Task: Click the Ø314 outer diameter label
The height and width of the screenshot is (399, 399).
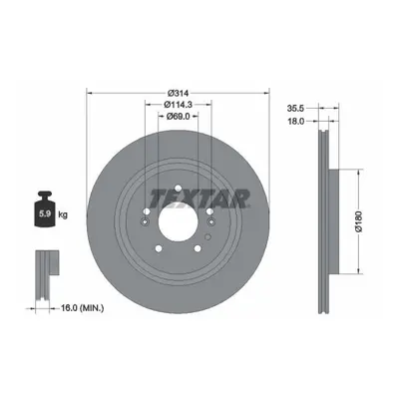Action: coord(179,93)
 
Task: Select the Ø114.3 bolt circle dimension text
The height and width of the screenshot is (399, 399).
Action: coord(179,105)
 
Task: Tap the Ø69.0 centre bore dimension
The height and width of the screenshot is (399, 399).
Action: coord(179,116)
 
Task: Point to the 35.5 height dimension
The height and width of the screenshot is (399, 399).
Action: coord(295,108)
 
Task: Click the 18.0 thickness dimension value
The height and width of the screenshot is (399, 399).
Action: coord(295,122)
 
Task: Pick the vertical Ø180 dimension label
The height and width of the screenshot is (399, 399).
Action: coord(358,221)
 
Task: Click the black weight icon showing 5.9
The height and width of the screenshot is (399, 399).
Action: coord(45,209)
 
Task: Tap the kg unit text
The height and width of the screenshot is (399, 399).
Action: coord(63,214)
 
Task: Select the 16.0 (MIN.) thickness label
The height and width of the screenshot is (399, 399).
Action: coord(82,308)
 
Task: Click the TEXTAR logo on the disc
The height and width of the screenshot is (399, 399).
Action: coord(199,199)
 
